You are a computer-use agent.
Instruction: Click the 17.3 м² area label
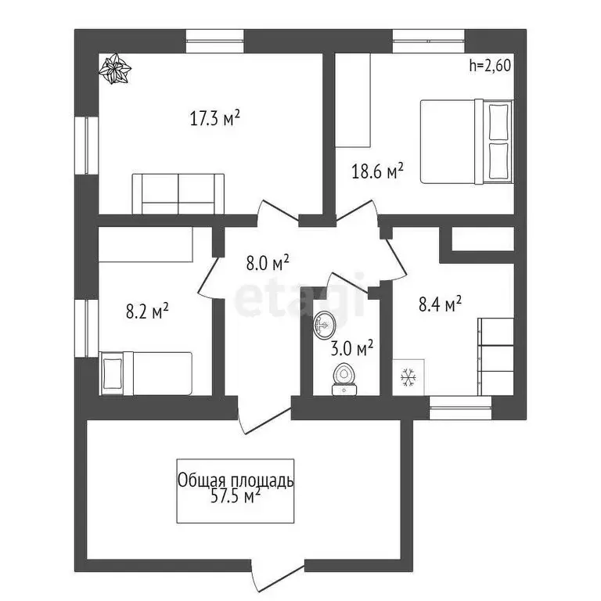click(215, 117)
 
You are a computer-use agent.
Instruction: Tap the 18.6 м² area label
click(377, 171)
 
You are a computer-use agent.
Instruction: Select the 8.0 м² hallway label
click(268, 263)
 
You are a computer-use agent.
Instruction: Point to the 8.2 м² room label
click(148, 311)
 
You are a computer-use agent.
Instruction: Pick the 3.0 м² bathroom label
click(352, 348)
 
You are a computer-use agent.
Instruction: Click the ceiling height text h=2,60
click(490, 65)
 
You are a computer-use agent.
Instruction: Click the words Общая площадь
click(236, 480)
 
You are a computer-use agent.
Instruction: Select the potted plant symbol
click(114, 69)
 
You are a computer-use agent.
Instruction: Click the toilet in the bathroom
click(344, 379)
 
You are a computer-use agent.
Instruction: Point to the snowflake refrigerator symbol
click(408, 377)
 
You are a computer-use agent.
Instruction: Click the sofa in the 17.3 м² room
click(178, 194)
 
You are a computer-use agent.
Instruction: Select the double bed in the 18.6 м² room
click(467, 142)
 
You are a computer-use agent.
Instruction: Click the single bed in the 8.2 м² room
click(146, 374)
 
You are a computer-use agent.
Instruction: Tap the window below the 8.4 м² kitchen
click(460, 408)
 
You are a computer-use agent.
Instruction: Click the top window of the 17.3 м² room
click(215, 41)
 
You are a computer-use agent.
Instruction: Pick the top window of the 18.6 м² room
click(429, 41)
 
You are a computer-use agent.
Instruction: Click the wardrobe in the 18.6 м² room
click(353, 100)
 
